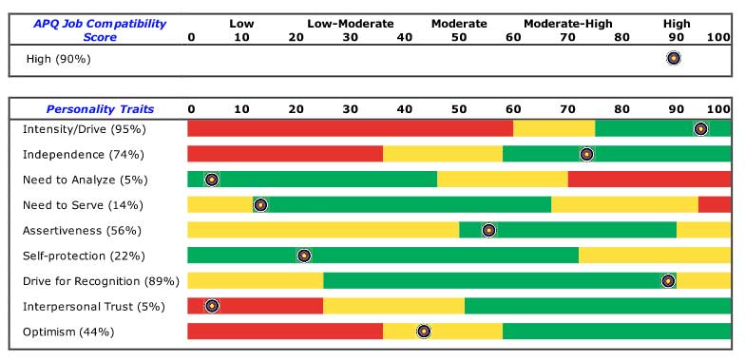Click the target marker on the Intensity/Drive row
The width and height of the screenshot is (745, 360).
point(700,129)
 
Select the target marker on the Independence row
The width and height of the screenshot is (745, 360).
point(586,154)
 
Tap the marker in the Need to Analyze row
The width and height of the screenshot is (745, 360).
point(212,180)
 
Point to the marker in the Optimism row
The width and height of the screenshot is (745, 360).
point(424,332)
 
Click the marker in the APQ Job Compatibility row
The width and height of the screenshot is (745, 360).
point(674,58)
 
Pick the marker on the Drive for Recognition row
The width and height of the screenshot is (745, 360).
point(668,281)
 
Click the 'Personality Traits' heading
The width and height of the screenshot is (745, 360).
point(100,109)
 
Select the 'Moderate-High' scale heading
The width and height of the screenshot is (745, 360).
point(568,23)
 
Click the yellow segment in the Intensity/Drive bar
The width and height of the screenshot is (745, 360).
point(553,129)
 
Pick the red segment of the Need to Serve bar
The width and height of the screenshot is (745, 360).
point(714,204)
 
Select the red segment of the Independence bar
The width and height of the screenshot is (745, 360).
point(285,154)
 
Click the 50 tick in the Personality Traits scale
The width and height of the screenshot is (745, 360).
point(459,109)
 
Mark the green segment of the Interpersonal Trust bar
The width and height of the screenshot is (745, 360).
point(597,306)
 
